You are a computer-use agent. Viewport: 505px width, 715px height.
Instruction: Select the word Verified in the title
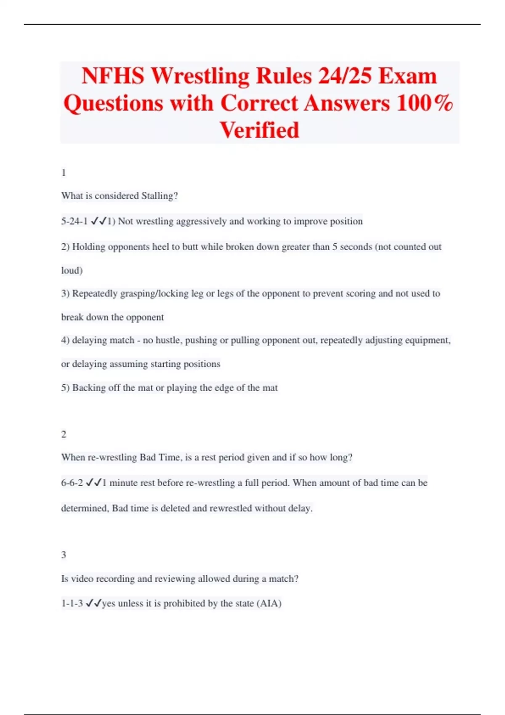[x=259, y=130]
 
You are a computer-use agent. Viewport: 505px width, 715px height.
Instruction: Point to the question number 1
[x=64, y=173]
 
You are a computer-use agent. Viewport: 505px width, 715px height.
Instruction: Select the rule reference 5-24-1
[x=74, y=221]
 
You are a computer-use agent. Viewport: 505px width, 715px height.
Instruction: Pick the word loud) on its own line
[x=72, y=270]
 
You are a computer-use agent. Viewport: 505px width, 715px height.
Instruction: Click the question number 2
[x=64, y=434]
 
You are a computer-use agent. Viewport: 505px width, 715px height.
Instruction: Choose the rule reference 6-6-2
[x=72, y=483]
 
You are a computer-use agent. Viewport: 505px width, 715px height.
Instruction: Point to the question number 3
[x=64, y=555]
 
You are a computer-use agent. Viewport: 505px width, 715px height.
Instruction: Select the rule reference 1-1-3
[x=72, y=604]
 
